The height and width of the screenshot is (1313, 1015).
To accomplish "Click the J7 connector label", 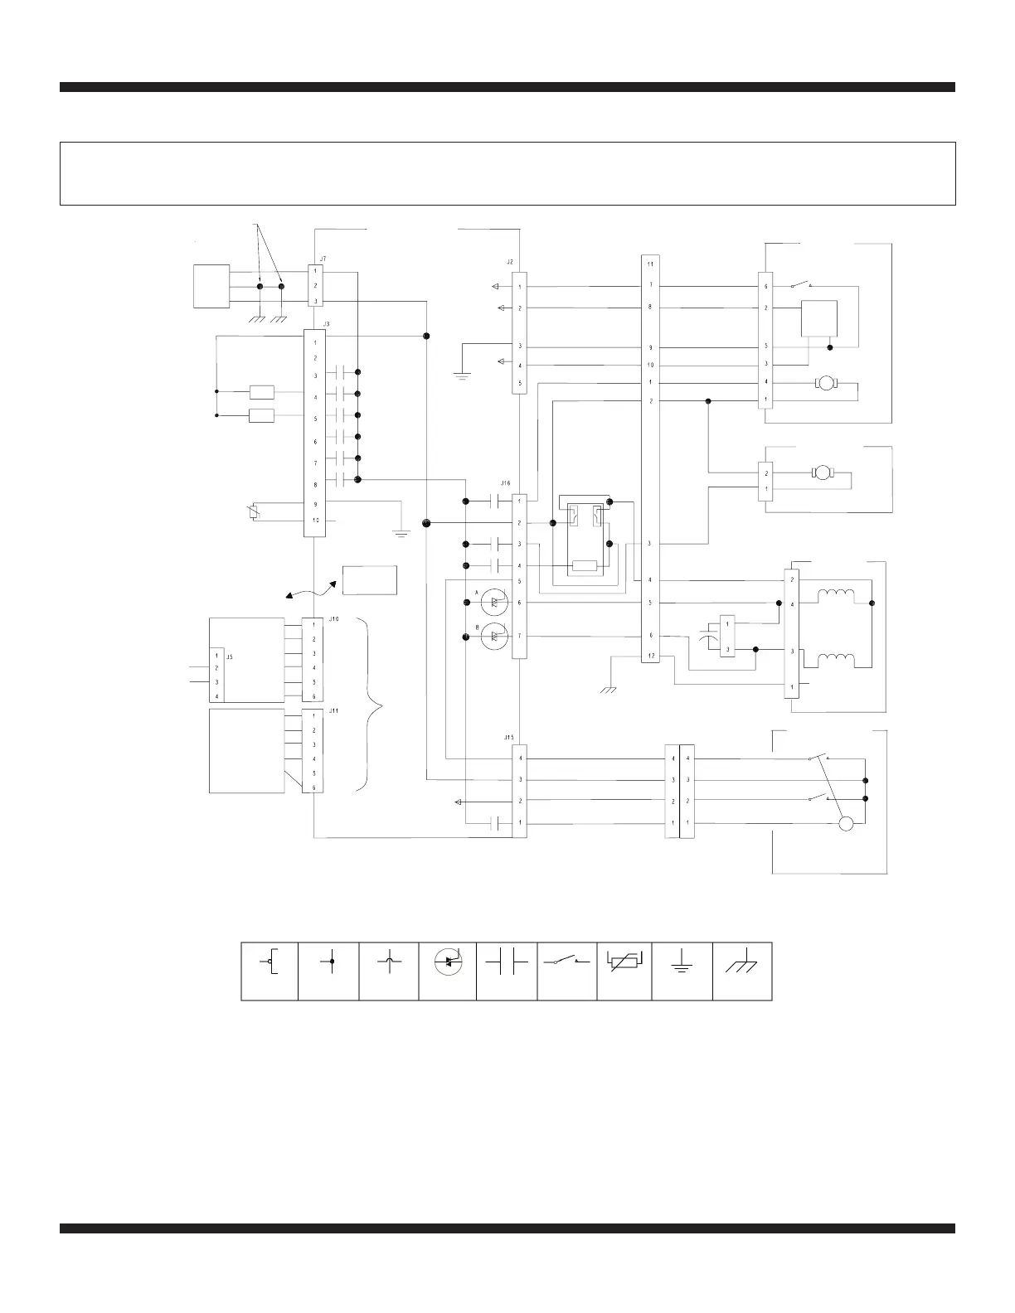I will pos(323,259).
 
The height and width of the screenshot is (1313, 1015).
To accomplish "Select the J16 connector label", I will pos(506,482).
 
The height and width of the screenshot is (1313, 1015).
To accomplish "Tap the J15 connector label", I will pos(509,737).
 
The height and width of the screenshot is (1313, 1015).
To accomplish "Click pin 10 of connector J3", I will pos(315,521).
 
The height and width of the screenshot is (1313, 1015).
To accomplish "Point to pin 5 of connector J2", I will pos(520,384).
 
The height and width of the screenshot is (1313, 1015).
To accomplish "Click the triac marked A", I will pos(493,603).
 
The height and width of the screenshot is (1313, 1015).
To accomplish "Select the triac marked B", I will pos(493,637).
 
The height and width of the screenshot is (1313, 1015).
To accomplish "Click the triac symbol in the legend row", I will pos(448,962).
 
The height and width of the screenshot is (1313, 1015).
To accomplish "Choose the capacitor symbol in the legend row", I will pos(508,962).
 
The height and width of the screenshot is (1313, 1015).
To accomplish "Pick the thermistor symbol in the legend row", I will pos(624,962).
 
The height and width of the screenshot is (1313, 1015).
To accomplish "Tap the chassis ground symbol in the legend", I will pos(742,964).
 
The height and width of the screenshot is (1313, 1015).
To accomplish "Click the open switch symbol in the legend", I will pos(566,962).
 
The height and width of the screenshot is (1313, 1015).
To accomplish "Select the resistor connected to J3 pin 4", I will pos(261,393).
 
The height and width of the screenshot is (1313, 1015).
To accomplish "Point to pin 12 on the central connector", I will pos(651,656).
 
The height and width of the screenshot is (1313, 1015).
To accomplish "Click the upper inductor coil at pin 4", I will pos(838,595).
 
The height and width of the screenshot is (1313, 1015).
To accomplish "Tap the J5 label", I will pos(230,656).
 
